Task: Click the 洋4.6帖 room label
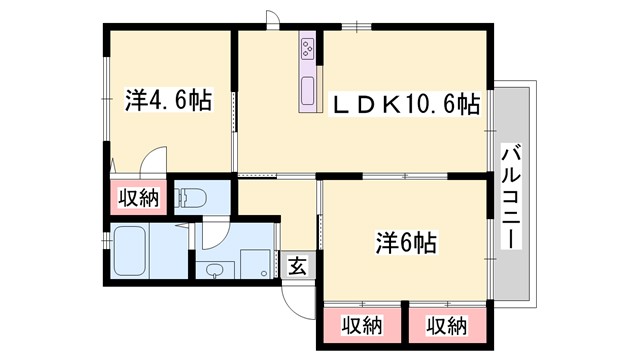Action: pyautogui.click(x=167, y=101)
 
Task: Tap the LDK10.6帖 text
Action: pyautogui.click(x=405, y=103)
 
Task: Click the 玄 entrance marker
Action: pyautogui.click(x=297, y=265)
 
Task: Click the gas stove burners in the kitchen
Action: pyautogui.click(x=307, y=46)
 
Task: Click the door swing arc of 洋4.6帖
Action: pyautogui.click(x=154, y=161)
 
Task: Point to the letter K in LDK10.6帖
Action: pyautogui.click(x=393, y=103)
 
